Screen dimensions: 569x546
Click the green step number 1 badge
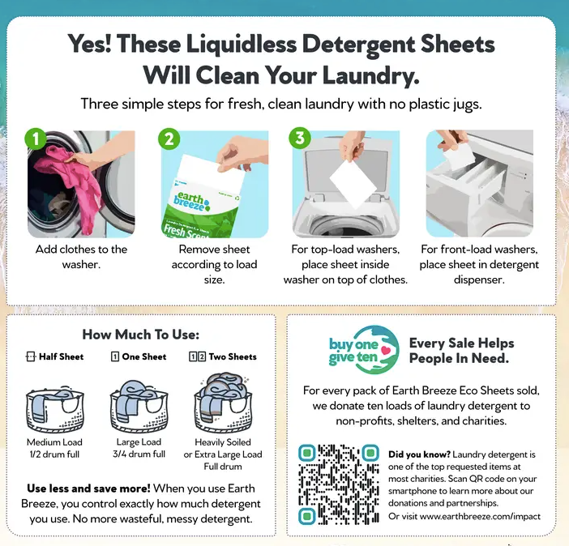[36, 139]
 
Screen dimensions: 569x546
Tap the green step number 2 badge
[169, 139]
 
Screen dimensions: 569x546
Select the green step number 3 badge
[300, 139]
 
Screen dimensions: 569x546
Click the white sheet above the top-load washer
[353, 185]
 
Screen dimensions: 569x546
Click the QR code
[339, 484]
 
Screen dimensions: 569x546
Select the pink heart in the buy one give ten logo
[386, 350]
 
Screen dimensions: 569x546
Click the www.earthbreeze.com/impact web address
[480, 516]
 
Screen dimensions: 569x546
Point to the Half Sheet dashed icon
[31, 356]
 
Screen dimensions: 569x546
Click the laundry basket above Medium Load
[55, 410]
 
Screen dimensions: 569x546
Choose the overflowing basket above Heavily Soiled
[223, 403]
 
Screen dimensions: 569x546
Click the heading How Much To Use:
[141, 335]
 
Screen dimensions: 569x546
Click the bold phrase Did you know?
[419, 454]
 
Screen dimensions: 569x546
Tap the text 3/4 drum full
[139, 454]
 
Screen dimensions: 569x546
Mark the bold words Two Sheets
[233, 357]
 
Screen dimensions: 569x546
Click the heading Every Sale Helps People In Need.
[461, 351]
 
